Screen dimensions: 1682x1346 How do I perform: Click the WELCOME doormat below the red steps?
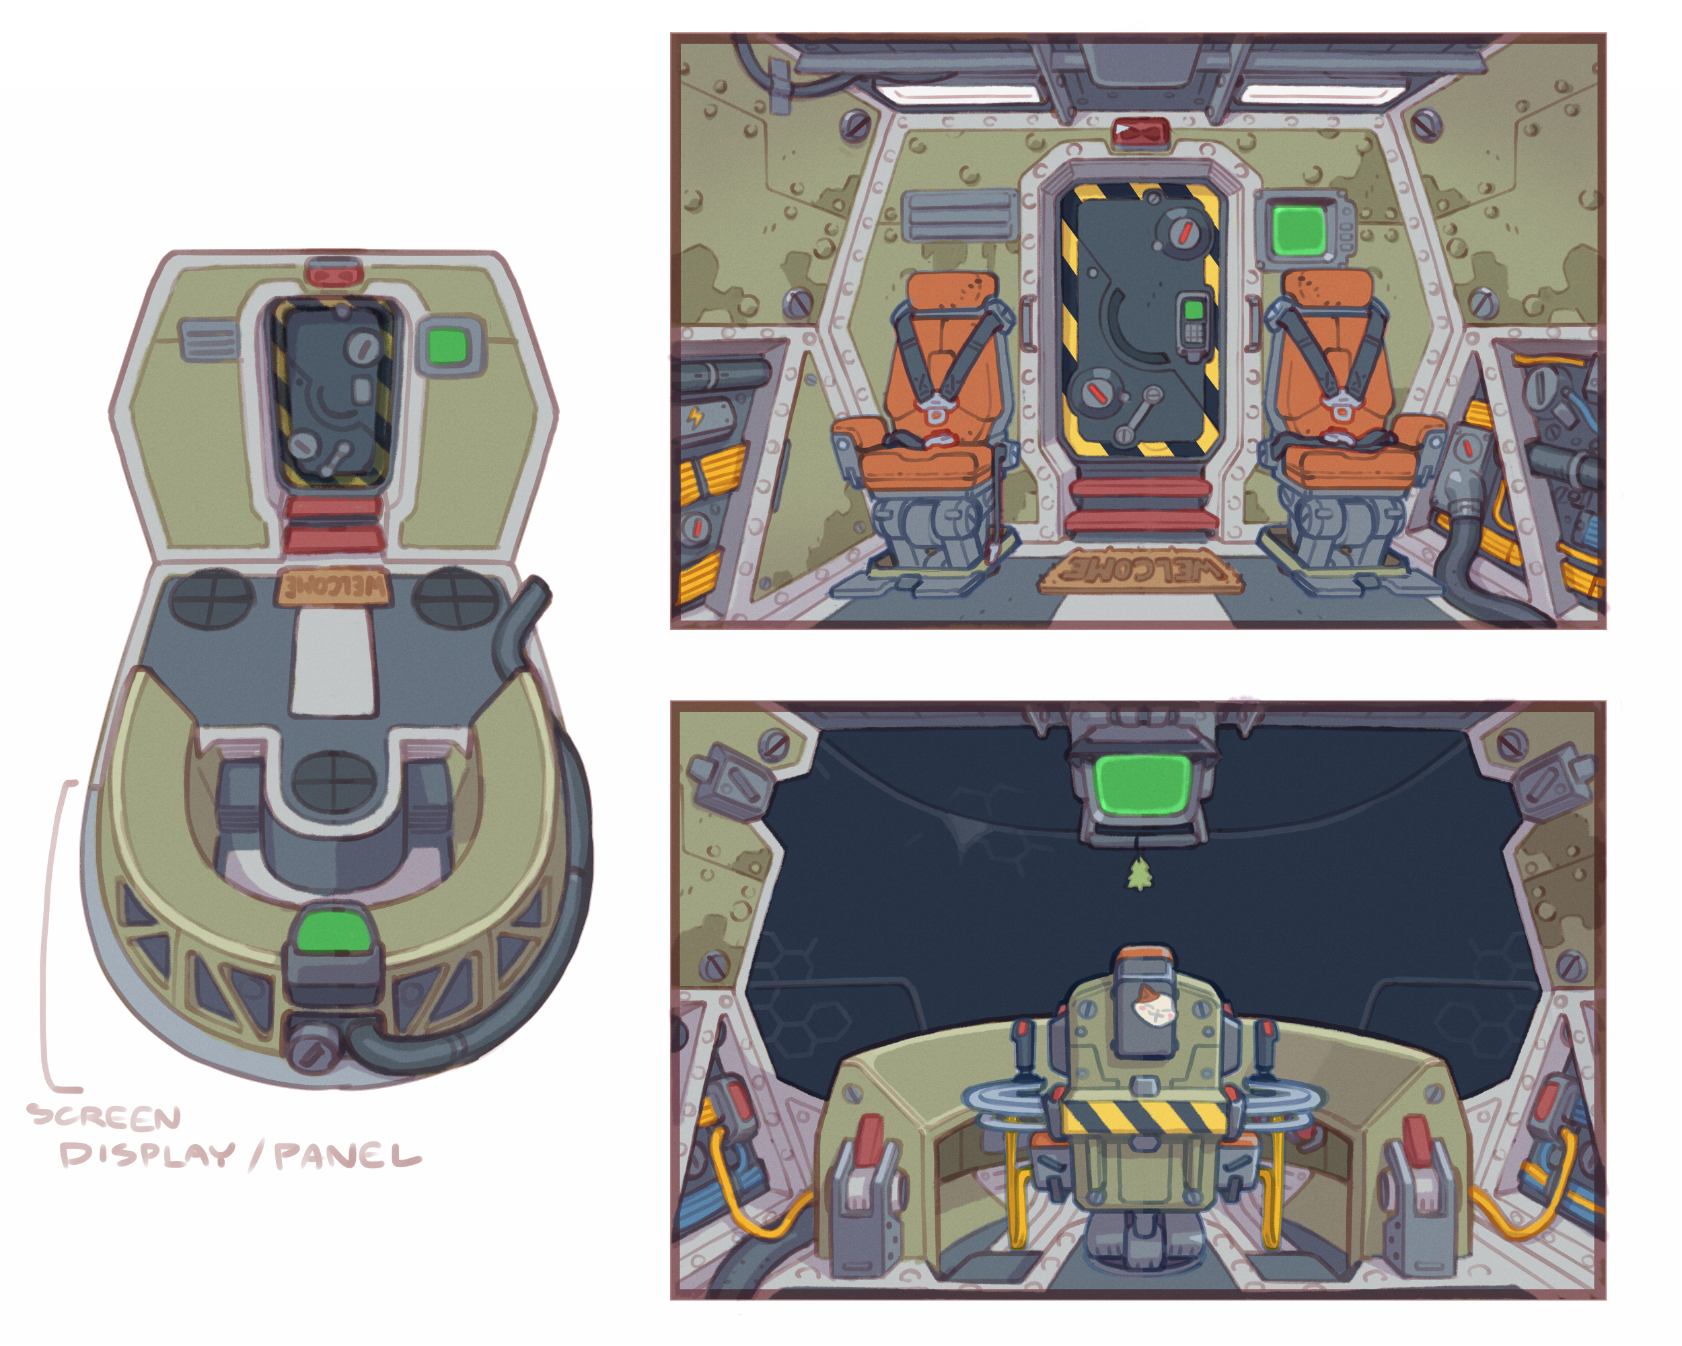tap(1141, 572)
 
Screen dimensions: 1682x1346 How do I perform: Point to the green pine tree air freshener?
tap(1140, 874)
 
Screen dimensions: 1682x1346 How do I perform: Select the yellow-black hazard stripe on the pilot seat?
tap(1143, 1117)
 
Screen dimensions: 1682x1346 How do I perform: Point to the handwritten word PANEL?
tap(348, 1156)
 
